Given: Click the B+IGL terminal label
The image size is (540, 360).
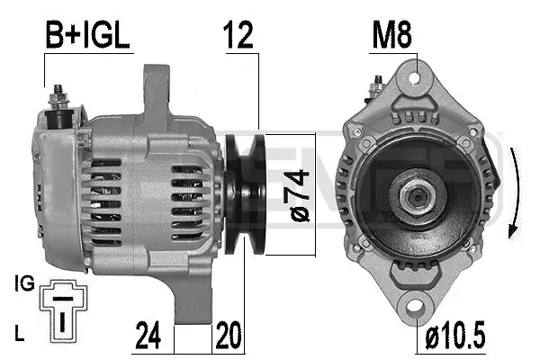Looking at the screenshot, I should (x=88, y=36).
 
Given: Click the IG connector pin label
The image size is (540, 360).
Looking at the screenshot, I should (x=24, y=284).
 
